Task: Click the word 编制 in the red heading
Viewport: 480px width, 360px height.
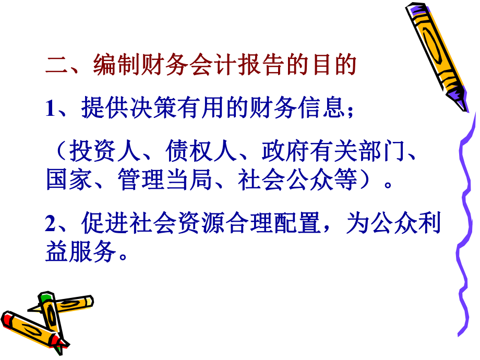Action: click(117, 65)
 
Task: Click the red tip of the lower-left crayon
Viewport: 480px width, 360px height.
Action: click(8, 318)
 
